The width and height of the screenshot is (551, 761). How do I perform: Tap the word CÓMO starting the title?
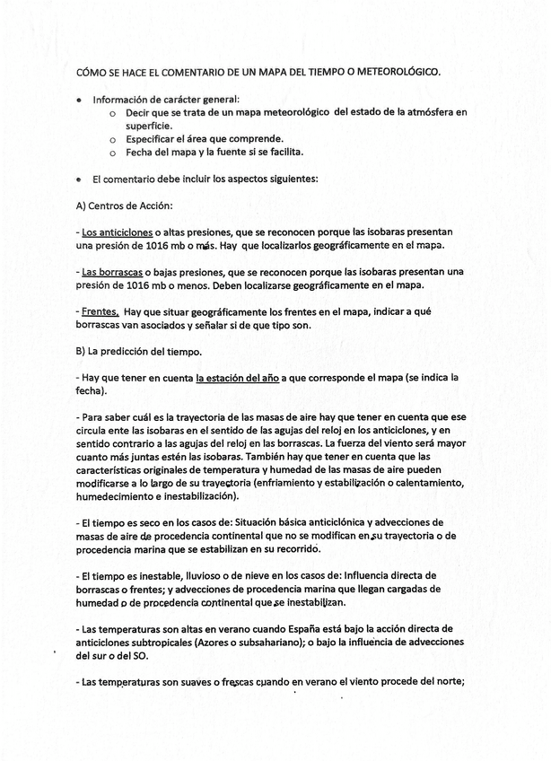pyautogui.click(x=92, y=71)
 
